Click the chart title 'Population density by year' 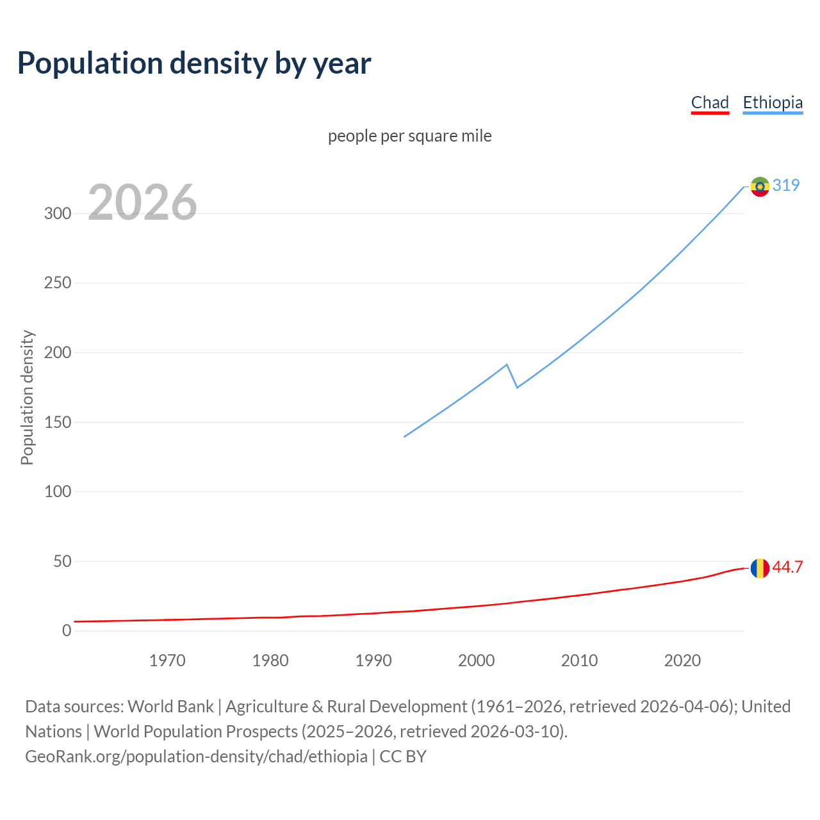pyautogui.click(x=194, y=63)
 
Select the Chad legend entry pyautogui.click(x=710, y=102)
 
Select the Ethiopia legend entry pyautogui.click(x=773, y=102)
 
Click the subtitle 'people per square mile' pyautogui.click(x=410, y=136)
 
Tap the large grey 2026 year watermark pyautogui.click(x=142, y=202)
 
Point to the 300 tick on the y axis pyautogui.click(x=58, y=213)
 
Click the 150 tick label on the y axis pyautogui.click(x=58, y=422)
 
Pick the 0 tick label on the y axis pyautogui.click(x=67, y=631)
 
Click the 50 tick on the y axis pyautogui.click(x=62, y=561)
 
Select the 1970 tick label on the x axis pyautogui.click(x=167, y=660)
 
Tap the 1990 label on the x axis pyautogui.click(x=373, y=660)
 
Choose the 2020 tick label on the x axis pyautogui.click(x=682, y=660)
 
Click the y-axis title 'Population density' pyautogui.click(x=27, y=397)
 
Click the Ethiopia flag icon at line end pyautogui.click(x=760, y=186)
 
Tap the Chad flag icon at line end pyautogui.click(x=760, y=568)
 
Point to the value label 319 pyautogui.click(x=786, y=185)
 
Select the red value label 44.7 pyautogui.click(x=787, y=567)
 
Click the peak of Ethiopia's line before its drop pyautogui.click(x=507, y=365)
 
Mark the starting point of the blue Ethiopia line pyautogui.click(x=404, y=437)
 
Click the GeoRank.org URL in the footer pyautogui.click(x=196, y=757)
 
